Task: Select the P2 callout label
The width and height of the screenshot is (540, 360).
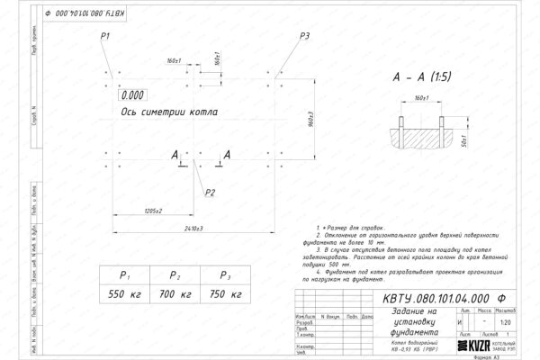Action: (x=209, y=192)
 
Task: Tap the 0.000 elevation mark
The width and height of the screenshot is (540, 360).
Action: (x=131, y=94)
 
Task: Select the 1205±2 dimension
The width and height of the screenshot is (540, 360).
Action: (x=147, y=211)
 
